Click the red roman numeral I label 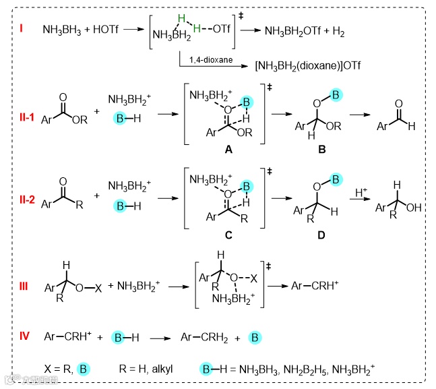tap(22, 30)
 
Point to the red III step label tap(24, 286)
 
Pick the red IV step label tap(24, 335)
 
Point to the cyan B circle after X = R tap(83, 369)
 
